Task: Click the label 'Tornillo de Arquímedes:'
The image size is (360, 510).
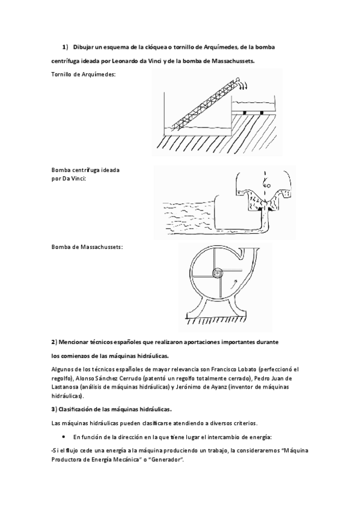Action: click(x=84, y=74)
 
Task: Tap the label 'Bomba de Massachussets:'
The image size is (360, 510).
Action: click(x=87, y=247)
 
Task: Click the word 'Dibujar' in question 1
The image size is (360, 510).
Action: click(x=85, y=47)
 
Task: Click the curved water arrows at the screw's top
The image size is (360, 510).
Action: click(x=239, y=85)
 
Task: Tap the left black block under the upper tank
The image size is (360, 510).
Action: click(x=245, y=112)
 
